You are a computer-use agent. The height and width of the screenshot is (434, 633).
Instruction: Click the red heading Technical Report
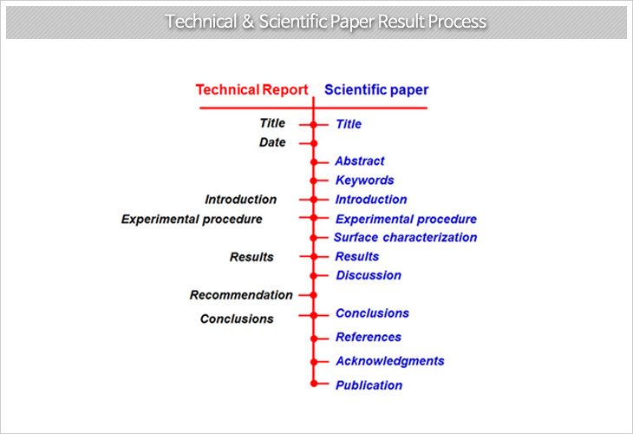(251, 89)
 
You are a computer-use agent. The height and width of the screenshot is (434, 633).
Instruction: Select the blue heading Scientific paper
(376, 90)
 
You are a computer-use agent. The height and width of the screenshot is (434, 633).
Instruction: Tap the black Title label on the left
(272, 123)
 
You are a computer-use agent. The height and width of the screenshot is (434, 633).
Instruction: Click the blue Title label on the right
(349, 124)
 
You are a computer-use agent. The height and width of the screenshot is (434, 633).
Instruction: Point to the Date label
(272, 142)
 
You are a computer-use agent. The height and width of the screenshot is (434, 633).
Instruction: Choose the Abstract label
(360, 161)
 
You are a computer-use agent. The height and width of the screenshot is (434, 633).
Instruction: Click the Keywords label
(365, 181)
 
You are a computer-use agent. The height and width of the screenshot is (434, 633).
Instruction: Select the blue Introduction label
(371, 200)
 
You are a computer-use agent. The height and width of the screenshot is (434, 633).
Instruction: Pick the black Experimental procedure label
(192, 219)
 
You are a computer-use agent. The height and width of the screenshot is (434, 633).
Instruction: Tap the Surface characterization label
(405, 237)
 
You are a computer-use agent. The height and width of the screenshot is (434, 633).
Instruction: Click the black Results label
(251, 257)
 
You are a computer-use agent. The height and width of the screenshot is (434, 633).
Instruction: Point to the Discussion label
(369, 275)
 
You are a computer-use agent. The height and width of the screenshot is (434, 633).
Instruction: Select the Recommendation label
(241, 295)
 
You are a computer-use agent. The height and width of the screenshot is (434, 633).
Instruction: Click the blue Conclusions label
(372, 313)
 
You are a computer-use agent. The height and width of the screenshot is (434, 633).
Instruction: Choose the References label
(369, 337)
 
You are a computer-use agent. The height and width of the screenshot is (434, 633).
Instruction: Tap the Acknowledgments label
(390, 361)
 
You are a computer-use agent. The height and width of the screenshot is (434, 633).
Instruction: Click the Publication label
(369, 385)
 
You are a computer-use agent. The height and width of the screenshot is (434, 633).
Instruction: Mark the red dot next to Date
(314, 143)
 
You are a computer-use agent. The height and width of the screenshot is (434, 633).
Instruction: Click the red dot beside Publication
(314, 384)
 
